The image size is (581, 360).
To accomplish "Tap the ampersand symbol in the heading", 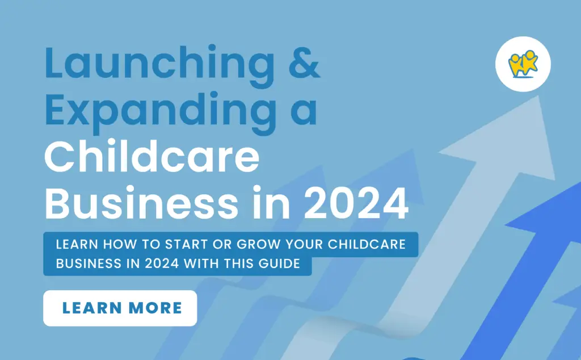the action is [x=304, y=62].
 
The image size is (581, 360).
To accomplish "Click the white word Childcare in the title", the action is [x=152, y=157].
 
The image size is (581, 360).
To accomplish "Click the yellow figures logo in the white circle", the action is [x=523, y=64].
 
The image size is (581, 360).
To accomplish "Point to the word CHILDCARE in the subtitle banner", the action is [x=367, y=244].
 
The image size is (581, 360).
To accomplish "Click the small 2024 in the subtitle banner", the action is [x=162, y=263].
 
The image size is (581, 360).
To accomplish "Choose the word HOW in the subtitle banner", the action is [x=119, y=244].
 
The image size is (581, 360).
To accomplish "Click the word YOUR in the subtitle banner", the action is [x=304, y=244].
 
